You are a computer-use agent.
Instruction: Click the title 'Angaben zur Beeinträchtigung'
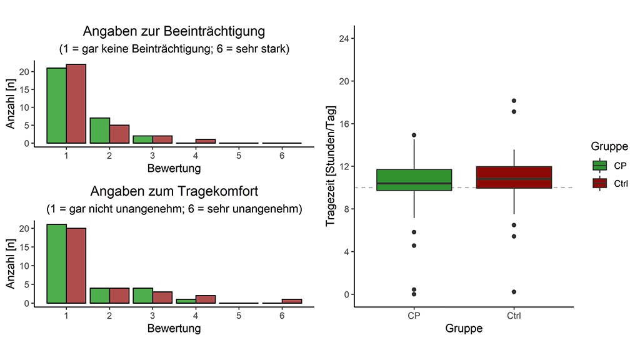tap(174, 31)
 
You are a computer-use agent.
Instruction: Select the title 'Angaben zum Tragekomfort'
tap(174, 191)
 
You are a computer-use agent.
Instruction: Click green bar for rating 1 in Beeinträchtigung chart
tap(56, 106)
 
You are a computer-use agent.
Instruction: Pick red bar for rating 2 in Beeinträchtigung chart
tap(119, 134)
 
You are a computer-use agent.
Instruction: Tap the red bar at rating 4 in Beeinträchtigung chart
tap(206, 141)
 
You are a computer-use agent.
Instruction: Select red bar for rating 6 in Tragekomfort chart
tap(292, 301)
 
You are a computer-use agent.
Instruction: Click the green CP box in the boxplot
tap(414, 179)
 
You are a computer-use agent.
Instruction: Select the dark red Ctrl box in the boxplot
tap(514, 177)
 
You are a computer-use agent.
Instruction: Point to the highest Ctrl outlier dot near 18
tap(514, 101)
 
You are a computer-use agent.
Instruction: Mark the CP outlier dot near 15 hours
tap(414, 135)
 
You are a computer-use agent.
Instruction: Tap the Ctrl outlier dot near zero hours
tap(514, 292)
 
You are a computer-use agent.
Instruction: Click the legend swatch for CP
tap(600, 166)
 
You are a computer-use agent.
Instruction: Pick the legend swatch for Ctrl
tap(600, 182)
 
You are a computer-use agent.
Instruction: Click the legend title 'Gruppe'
tap(609, 146)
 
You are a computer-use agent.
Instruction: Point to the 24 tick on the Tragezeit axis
tap(342, 39)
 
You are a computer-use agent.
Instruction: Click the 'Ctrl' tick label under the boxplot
tap(514, 316)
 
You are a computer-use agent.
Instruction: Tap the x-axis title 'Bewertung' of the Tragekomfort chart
tap(174, 327)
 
